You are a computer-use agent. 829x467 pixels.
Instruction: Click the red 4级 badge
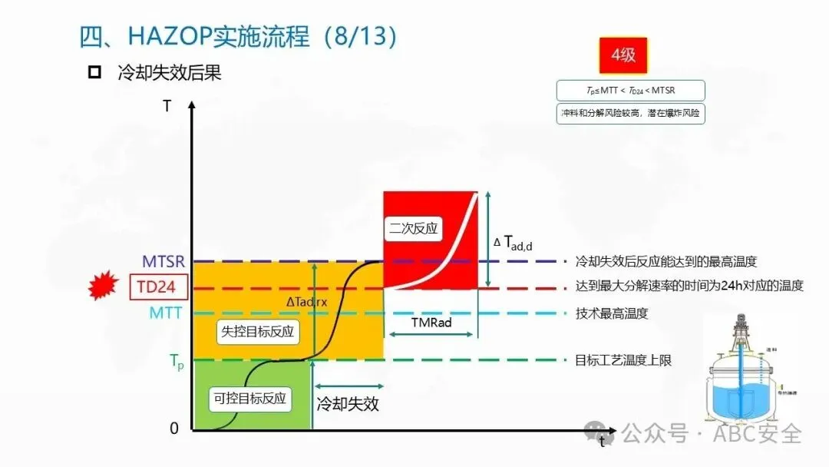click(x=623, y=56)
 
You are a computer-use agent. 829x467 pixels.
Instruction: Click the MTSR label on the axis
click(x=163, y=262)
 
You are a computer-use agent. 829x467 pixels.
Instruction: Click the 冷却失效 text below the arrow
click(x=348, y=403)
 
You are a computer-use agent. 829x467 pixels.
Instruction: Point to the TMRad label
click(x=431, y=323)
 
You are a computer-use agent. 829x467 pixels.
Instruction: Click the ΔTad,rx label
click(x=306, y=302)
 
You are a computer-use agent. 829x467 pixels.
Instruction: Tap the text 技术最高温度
click(x=612, y=313)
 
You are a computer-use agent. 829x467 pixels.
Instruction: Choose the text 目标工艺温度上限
click(x=623, y=359)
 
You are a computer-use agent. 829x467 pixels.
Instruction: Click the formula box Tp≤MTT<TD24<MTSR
click(x=630, y=91)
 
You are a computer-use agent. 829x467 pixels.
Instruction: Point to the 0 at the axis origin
click(x=174, y=429)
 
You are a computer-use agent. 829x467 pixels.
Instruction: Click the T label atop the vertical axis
click(x=167, y=106)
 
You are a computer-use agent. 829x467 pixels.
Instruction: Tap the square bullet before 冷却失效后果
click(x=95, y=73)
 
